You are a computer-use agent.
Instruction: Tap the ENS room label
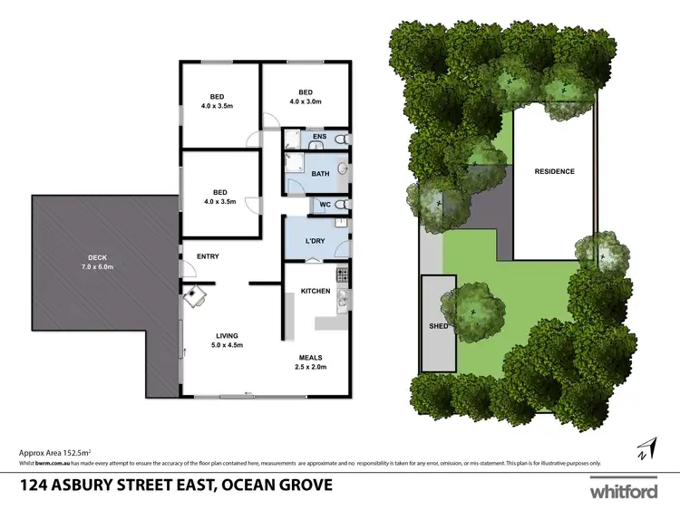pyautogui.click(x=318, y=138)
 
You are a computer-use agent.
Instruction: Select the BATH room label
pyautogui.click(x=320, y=173)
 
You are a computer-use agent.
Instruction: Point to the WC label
pyautogui.click(x=324, y=206)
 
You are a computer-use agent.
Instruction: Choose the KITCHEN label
pyautogui.click(x=315, y=291)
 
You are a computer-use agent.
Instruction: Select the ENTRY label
pyautogui.click(x=208, y=256)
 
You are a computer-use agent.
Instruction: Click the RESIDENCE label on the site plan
pyautogui.click(x=554, y=171)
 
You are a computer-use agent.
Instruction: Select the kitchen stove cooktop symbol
pyautogui.click(x=342, y=273)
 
